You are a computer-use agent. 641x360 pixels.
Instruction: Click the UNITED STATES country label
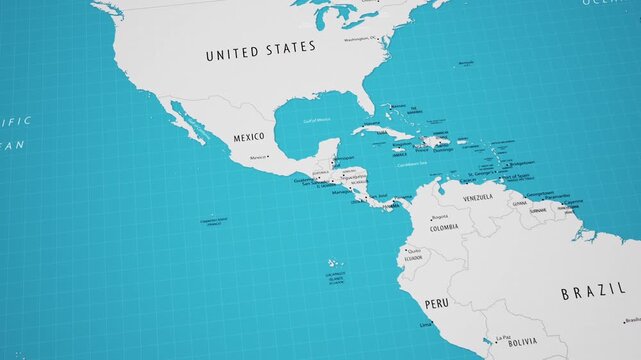pos(260,48)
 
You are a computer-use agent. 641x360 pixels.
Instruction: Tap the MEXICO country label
pos(249,136)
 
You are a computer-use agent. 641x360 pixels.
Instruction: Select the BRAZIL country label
pos(593,293)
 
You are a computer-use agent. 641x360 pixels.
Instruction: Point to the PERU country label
pos(437,302)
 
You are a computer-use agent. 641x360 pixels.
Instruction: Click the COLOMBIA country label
pos(444,227)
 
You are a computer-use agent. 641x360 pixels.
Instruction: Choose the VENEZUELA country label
pos(477,198)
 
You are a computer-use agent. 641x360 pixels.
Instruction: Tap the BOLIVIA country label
pos(522,342)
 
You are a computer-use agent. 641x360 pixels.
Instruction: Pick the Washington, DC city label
pos(361,38)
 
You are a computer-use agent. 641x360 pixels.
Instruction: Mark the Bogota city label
pos(439,216)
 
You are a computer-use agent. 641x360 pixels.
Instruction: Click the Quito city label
pos(412,249)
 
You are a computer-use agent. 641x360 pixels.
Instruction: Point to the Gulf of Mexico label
pos(316,120)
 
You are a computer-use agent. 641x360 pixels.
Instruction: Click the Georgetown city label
pos(540,193)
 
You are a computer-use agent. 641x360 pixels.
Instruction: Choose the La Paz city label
pos(506,336)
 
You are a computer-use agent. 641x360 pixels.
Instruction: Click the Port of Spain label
pos(517,178)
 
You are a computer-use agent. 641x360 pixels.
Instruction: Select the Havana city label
pos(373,123)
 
